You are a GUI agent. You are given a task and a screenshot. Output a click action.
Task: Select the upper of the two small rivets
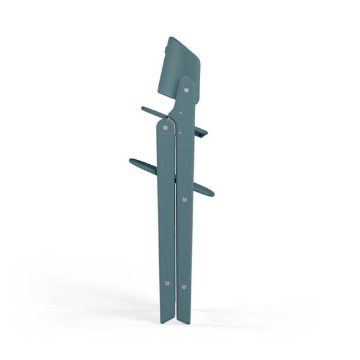pos(183,112)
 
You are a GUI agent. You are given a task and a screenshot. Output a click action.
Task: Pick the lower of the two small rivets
pos(183,133)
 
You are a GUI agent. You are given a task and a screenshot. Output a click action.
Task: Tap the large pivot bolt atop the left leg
pos(166,128)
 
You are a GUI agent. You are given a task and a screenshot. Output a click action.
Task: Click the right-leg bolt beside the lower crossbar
pos(184,200)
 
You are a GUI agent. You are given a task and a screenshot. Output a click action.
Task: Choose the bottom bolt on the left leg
pos(167,282)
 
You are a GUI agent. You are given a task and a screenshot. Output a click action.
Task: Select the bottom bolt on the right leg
pos(184,287)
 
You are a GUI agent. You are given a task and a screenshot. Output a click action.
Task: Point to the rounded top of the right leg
pos(186,79)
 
